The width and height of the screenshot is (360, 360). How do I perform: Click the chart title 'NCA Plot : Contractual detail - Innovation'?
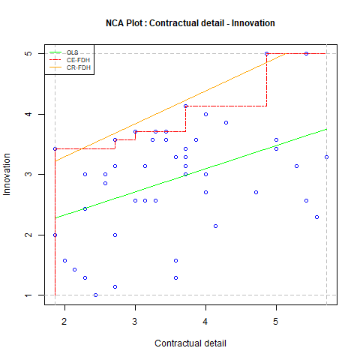point(190,23)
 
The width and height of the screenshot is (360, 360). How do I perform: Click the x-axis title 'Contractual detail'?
point(190,343)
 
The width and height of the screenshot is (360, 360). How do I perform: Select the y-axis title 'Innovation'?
point(9,174)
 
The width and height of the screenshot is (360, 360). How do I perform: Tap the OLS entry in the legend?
point(72,52)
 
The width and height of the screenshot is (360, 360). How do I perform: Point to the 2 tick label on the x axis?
point(64,322)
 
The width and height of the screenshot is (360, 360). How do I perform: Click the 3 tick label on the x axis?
point(135,322)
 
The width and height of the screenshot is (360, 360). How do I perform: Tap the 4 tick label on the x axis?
point(205,322)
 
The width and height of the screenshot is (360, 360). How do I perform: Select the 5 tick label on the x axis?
point(276,322)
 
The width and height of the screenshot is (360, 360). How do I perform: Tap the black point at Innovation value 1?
point(96,295)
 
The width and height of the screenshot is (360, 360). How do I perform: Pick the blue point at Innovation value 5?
point(306,53)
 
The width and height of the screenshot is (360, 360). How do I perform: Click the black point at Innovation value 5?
point(266,53)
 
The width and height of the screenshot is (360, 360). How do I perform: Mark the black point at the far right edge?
point(326,157)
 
